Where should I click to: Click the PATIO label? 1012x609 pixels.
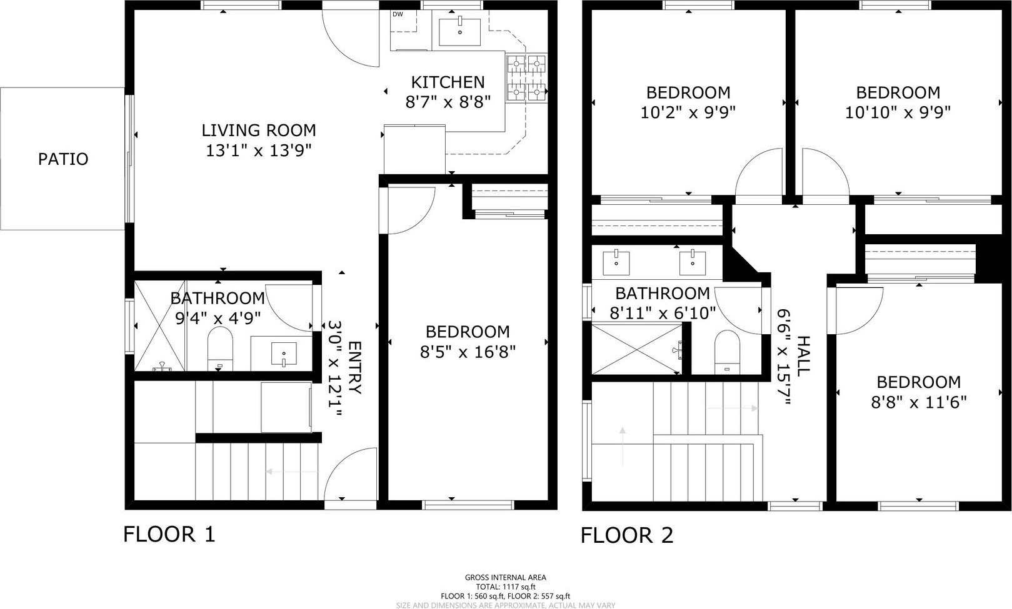[63, 159]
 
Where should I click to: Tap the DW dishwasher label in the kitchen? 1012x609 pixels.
[398, 14]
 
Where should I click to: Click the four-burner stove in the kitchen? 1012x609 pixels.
[526, 77]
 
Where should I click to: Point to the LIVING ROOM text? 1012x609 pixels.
[258, 131]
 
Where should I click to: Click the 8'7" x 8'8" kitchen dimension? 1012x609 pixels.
[448, 102]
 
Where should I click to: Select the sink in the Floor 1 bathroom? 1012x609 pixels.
[284, 354]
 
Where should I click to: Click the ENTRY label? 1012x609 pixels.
[355, 368]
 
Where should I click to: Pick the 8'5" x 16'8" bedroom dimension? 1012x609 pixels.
[468, 352]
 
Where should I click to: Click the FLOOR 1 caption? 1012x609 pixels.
[169, 534]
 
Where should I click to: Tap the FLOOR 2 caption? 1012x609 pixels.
[626, 535]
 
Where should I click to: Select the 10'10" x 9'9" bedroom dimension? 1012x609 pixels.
[898, 112]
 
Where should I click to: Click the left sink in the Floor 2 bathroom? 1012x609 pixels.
[616, 263]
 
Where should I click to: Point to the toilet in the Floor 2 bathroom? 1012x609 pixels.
[727, 352]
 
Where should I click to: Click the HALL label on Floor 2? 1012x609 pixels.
[804, 356]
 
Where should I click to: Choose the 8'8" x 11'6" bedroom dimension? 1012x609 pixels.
[918, 402]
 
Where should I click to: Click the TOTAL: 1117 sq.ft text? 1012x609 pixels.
[506, 587]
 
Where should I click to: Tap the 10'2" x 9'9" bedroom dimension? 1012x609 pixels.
[688, 112]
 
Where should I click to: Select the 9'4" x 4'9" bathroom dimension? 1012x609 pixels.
[218, 319]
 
